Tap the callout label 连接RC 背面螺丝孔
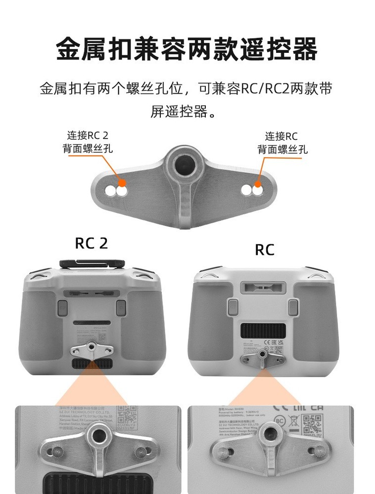[x=282, y=142]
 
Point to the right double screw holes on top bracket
[x=252, y=189]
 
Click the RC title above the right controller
[x=264, y=249]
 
